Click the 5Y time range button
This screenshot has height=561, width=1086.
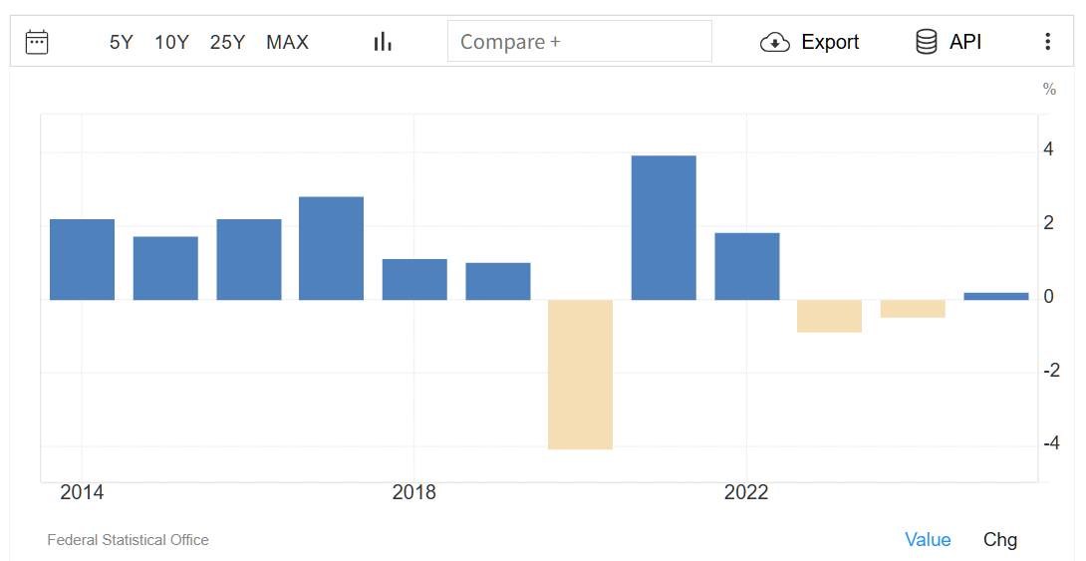(121, 42)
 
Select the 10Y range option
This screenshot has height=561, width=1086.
(171, 42)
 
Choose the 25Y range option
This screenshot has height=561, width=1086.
(227, 42)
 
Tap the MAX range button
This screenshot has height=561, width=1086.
(287, 42)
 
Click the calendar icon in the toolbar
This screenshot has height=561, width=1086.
(37, 42)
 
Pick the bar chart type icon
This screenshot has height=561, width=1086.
(383, 42)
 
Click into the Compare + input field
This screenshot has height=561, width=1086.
(579, 42)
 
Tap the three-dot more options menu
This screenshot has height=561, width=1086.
(1047, 42)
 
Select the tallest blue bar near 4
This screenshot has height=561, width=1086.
(664, 227)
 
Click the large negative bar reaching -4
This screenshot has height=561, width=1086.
(580, 374)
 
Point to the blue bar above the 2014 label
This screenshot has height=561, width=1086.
(82, 259)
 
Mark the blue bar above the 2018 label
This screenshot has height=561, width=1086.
(414, 279)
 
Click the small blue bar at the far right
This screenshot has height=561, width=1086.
(995, 296)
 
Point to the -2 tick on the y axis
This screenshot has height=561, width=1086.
(1050, 371)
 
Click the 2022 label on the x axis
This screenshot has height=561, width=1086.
(746, 493)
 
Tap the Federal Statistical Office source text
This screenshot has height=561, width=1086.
(128, 540)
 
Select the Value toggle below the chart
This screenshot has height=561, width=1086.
(928, 540)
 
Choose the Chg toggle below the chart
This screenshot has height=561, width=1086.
(1000, 540)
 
